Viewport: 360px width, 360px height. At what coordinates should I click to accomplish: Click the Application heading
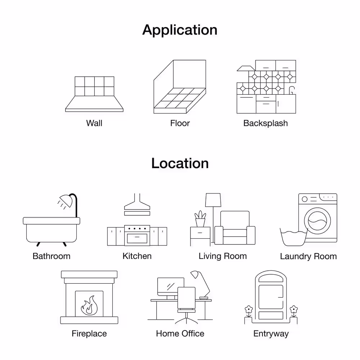click(180, 30)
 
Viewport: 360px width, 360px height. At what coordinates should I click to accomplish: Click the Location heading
click(180, 163)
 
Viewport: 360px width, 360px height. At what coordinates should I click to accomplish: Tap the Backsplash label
click(265, 123)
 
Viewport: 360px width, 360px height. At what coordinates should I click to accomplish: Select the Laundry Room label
click(309, 256)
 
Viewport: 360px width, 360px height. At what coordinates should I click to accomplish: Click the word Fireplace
click(89, 333)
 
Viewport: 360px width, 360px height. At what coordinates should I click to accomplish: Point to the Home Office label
click(180, 333)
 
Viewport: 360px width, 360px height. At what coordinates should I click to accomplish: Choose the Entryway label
click(271, 334)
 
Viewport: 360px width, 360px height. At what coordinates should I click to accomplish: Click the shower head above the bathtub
click(66, 201)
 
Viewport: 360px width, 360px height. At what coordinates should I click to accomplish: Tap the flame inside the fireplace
click(89, 305)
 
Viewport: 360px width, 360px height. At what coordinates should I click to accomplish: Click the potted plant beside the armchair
click(200, 219)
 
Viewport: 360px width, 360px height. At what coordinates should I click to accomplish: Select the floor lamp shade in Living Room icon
click(213, 200)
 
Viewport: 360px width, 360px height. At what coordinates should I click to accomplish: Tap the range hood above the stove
click(137, 204)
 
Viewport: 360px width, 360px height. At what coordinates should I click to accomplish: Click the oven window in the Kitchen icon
click(137, 238)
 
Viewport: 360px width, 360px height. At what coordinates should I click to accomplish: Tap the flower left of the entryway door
click(249, 310)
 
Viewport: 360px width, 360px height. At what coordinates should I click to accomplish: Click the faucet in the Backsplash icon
click(292, 90)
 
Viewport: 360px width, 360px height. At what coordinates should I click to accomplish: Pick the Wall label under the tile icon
click(94, 123)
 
